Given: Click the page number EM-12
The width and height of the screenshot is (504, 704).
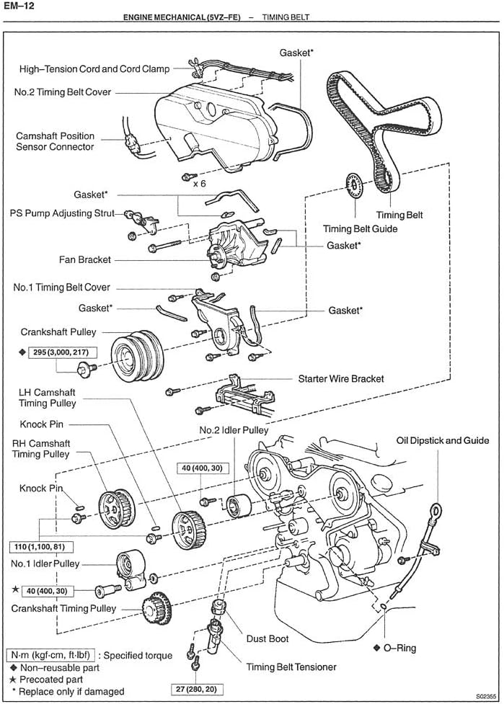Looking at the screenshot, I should pos(17,5).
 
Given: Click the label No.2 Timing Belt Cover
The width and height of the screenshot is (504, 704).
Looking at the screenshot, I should pos(63,92).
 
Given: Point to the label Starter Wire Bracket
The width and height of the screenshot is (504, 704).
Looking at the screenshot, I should pos(341,378).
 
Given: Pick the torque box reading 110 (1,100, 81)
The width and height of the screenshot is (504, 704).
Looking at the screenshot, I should pos(42,547).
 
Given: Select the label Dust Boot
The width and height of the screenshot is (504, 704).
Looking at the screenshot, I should pos(268,638).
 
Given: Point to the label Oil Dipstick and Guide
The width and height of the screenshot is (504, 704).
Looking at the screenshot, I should pos(443,440).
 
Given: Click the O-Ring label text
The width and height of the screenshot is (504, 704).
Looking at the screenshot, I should pos(400,648).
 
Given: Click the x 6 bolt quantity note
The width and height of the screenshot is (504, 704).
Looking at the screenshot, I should pos(200,184).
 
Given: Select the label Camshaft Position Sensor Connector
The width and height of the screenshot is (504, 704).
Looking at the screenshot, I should pos(55,141).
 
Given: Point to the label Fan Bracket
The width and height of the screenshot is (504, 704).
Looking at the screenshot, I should pos(85,259).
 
